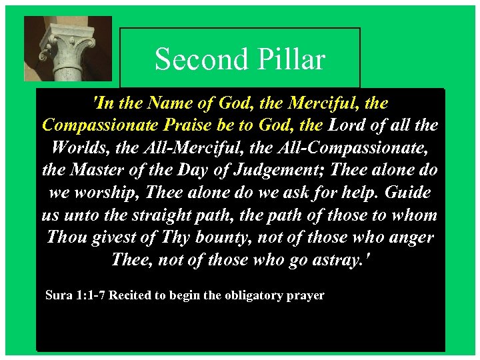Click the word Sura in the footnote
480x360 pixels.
tap(57, 295)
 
